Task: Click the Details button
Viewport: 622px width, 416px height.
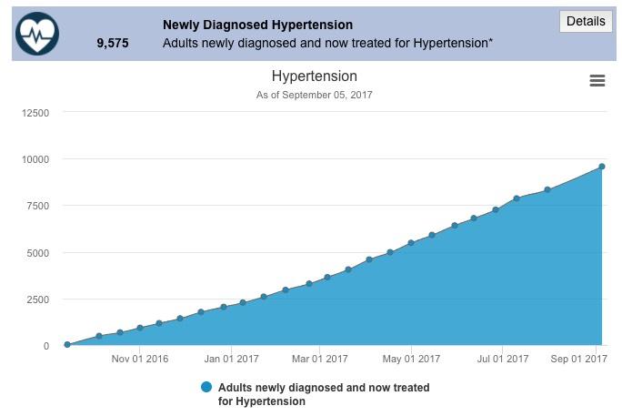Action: [585, 21]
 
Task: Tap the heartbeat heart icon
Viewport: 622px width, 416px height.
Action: [37, 35]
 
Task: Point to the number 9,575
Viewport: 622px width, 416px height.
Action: [113, 43]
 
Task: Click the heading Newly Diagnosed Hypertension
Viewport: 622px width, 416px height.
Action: [257, 25]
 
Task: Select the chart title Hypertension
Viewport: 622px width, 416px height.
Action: [315, 76]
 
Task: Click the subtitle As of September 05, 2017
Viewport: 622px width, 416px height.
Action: [315, 95]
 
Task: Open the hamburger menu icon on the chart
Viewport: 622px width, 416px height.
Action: [597, 81]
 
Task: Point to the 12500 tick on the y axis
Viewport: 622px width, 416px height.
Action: [35, 113]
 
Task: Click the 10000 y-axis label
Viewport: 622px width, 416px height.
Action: [35, 159]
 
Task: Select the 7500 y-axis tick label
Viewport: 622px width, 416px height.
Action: [38, 206]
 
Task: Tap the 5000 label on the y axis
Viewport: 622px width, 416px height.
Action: [38, 253]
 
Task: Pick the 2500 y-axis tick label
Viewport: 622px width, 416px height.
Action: [38, 299]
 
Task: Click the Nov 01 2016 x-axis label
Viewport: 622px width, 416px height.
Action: [140, 360]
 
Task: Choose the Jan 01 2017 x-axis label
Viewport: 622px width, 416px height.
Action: [231, 360]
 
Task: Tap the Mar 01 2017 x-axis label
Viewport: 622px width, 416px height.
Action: [320, 360]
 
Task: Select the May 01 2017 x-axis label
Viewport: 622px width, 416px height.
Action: [411, 360]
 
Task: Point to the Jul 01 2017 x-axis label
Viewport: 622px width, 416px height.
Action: [502, 360]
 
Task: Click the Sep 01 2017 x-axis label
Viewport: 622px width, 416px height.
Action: [578, 360]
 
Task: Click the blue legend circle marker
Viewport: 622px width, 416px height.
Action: [206, 388]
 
